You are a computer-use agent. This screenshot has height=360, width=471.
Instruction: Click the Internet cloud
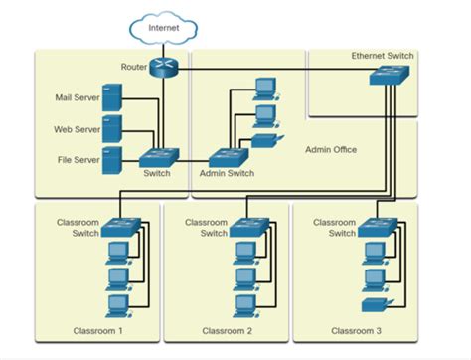[164, 29]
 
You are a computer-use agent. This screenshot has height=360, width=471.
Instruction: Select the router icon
[164, 68]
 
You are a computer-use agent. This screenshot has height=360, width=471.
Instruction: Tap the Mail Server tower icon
[112, 97]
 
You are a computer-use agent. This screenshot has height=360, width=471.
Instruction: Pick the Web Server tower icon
[112, 128]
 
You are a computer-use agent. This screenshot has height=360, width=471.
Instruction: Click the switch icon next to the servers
[159, 156]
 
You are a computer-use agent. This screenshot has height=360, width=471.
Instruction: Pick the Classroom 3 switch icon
[376, 227]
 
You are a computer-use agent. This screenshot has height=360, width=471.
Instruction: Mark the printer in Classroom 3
[375, 302]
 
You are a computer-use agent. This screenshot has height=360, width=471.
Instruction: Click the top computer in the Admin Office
[265, 87]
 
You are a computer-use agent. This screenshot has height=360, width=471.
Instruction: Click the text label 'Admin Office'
[331, 150]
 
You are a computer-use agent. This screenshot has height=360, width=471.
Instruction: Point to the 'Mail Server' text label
[76, 97]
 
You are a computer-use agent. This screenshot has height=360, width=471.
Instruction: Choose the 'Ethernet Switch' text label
[383, 56]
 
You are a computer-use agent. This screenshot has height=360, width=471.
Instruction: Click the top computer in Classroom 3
[375, 251]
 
